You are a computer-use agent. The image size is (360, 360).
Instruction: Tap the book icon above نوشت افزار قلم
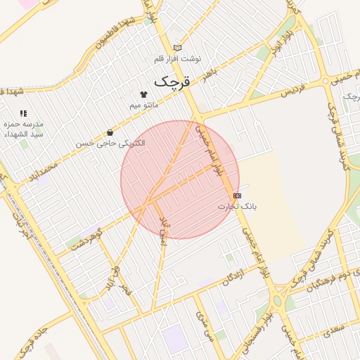(x=177, y=48)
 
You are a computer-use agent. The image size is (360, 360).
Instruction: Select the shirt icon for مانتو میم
(x=144, y=94)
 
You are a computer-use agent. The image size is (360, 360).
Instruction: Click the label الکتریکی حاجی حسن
(x=110, y=143)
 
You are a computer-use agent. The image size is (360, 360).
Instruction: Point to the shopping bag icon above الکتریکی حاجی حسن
(x=110, y=132)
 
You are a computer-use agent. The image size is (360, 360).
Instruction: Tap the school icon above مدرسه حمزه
(x=23, y=112)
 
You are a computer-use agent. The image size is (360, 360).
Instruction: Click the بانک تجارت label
(x=237, y=207)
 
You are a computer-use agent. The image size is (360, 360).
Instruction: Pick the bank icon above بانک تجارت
(x=237, y=195)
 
